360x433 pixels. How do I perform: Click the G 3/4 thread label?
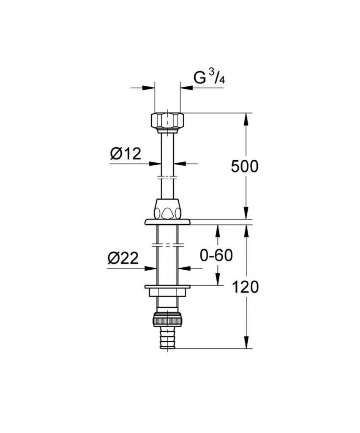(x=209, y=79)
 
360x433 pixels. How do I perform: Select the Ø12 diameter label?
(x=125, y=154)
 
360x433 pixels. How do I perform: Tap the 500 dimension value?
(x=245, y=167)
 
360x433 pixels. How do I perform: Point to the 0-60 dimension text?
(x=216, y=255)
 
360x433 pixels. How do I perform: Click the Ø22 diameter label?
(x=123, y=258)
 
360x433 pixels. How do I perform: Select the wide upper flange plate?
(x=167, y=222)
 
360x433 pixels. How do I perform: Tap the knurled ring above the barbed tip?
(x=167, y=317)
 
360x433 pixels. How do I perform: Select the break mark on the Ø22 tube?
(x=167, y=244)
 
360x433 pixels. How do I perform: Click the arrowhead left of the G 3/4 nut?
(x=149, y=88)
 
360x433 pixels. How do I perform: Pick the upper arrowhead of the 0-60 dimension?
(x=218, y=230)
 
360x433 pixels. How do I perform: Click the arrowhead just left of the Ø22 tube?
(x=150, y=268)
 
